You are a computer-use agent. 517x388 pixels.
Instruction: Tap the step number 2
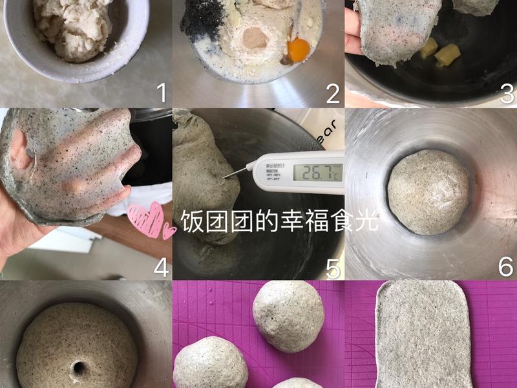point(333,94)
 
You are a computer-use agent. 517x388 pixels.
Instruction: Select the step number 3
point(507,94)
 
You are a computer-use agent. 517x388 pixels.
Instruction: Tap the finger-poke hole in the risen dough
point(78,368)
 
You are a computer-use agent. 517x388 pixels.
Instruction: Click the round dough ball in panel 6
point(429,191)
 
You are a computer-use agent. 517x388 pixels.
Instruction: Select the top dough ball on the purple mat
point(288,317)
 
